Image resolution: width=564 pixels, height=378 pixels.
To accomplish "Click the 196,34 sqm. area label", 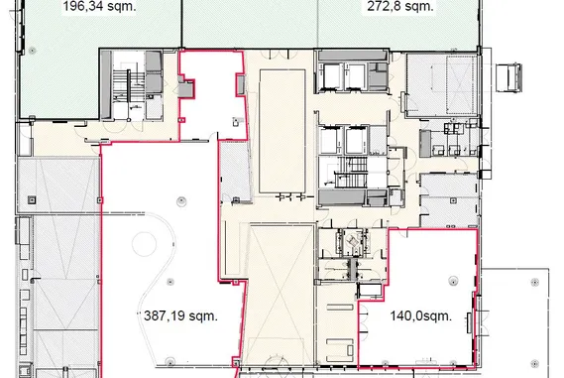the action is tap(100, 6).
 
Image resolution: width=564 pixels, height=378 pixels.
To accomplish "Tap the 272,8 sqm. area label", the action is tap(400, 6).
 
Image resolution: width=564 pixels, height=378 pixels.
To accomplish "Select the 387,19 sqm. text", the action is tap(180, 315).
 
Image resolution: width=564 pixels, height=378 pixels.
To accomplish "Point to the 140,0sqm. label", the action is tap(421, 315).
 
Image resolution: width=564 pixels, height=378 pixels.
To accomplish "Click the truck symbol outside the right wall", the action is tap(508, 77).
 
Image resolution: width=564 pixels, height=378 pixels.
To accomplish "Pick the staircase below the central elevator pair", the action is tap(351, 172).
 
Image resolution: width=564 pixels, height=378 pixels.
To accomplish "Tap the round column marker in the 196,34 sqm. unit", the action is tap(33, 51).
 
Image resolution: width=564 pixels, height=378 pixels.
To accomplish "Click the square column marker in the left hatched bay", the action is tap(32, 199).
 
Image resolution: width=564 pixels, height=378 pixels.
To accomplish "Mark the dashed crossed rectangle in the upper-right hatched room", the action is tap(460, 85).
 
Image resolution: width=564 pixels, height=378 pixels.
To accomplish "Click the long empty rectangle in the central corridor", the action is tap(282, 131).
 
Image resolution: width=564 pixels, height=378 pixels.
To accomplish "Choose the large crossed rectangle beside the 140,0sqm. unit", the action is tap(282, 294).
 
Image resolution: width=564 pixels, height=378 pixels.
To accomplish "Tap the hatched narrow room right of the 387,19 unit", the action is tap(235, 172).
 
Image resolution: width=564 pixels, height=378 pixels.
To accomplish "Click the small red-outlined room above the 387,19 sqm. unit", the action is tap(212, 95).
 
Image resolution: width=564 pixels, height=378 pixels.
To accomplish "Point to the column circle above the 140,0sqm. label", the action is tap(453, 281).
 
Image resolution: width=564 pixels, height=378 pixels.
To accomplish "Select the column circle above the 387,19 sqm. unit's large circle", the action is tap(181, 201).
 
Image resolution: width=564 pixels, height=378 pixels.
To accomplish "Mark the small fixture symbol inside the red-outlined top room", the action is tap(236, 121).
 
